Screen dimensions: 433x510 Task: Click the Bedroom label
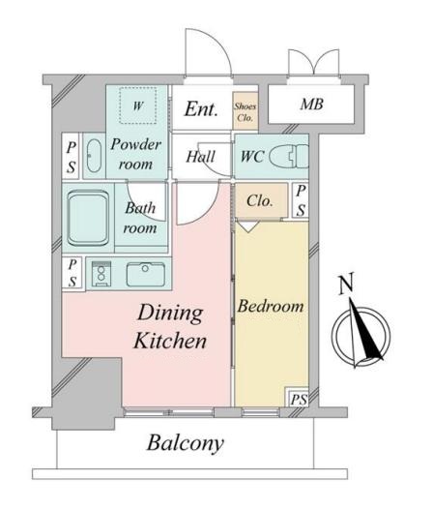coord(271,307)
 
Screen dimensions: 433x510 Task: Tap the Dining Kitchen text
coord(170,326)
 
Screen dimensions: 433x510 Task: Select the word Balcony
coord(186,443)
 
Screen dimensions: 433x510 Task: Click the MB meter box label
coord(311,105)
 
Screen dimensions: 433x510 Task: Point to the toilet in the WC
coord(289,157)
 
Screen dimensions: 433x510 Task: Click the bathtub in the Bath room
coord(88,219)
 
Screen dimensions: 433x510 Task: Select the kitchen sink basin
coord(146,275)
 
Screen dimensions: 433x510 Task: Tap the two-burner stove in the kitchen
coord(101,274)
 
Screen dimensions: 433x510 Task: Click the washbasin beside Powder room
coord(94,156)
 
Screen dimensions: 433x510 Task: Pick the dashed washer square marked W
coord(137,105)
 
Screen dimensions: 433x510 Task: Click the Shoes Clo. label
coord(245,112)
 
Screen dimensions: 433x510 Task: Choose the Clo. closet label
coord(260,201)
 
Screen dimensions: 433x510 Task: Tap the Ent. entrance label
coord(201,109)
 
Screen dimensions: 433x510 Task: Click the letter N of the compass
coord(346,285)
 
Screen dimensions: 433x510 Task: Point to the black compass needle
coord(365,330)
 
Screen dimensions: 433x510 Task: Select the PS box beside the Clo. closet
coord(301,200)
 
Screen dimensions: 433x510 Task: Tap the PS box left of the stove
coord(73,273)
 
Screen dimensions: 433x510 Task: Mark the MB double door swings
coord(314,62)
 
